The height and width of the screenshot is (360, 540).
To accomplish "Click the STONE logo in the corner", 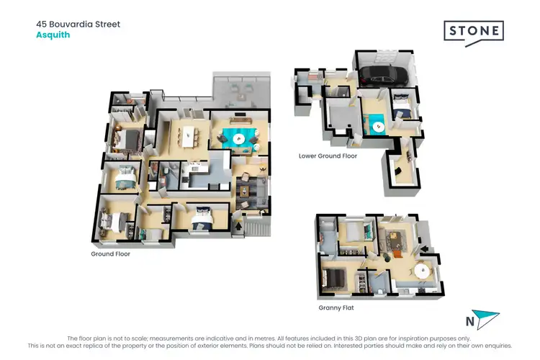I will [x=472, y=32].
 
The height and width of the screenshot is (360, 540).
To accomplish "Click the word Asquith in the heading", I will [x=53, y=35].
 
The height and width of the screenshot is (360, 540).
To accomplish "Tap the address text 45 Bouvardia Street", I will [x=78, y=24].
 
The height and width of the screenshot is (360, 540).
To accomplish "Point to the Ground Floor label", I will [x=110, y=253].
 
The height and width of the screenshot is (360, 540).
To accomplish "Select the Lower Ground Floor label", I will [x=328, y=156].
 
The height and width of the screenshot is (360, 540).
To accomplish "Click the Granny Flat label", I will [x=336, y=307].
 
